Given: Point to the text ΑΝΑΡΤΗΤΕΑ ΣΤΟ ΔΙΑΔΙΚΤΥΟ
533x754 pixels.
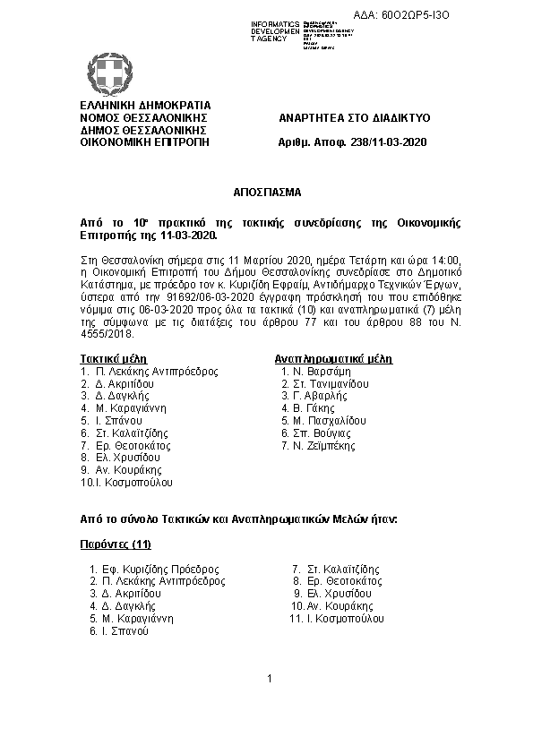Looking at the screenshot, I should (x=355, y=117).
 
